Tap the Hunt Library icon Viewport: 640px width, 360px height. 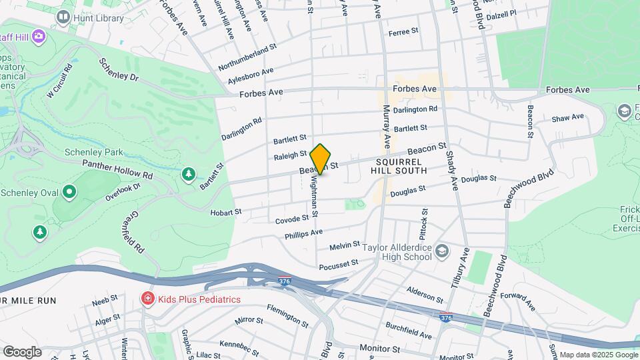[x=63, y=18]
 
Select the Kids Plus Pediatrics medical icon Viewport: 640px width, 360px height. [x=147, y=299]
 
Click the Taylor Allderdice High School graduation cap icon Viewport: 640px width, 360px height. [x=442, y=253]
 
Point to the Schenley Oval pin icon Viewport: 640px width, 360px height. [x=69, y=193]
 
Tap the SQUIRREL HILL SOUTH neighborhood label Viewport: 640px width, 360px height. [x=401, y=166]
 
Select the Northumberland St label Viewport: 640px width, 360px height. [x=247, y=59]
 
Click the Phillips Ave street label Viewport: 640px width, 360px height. [x=303, y=235]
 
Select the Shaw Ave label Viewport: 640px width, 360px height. [x=567, y=118]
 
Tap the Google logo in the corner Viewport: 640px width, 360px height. [x=21, y=351]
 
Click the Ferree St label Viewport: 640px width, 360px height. [x=403, y=31]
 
